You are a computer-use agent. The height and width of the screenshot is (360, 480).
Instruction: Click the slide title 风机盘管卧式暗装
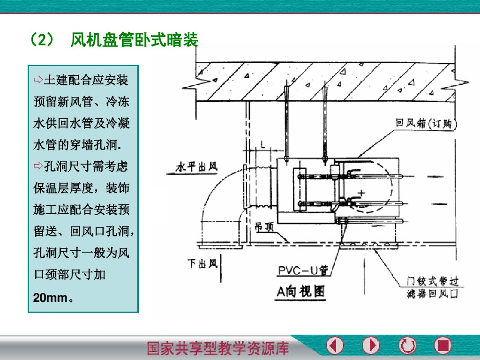(x=134, y=40)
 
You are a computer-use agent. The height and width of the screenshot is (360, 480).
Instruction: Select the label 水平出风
(x=196, y=167)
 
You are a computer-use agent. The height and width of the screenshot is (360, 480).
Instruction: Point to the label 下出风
(x=202, y=264)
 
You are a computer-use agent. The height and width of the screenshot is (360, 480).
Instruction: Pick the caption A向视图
(x=300, y=292)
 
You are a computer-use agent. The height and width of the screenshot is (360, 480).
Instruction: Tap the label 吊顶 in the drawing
(x=264, y=226)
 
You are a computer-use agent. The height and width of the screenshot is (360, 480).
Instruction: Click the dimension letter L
(x=263, y=146)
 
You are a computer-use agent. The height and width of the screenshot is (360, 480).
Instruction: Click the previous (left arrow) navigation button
(x=335, y=346)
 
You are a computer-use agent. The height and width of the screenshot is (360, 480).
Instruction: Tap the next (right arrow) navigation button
(x=371, y=346)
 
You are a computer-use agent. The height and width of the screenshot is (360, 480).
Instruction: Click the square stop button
(x=442, y=346)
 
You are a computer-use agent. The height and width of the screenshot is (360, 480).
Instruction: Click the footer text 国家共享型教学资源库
(x=218, y=348)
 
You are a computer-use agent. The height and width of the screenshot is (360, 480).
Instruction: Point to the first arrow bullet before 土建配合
(x=38, y=79)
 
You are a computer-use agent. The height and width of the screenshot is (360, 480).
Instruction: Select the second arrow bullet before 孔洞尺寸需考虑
(x=38, y=165)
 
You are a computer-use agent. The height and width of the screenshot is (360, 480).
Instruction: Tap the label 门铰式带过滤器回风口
(x=432, y=287)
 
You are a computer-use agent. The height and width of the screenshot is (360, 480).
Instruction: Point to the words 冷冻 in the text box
(x=118, y=101)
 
